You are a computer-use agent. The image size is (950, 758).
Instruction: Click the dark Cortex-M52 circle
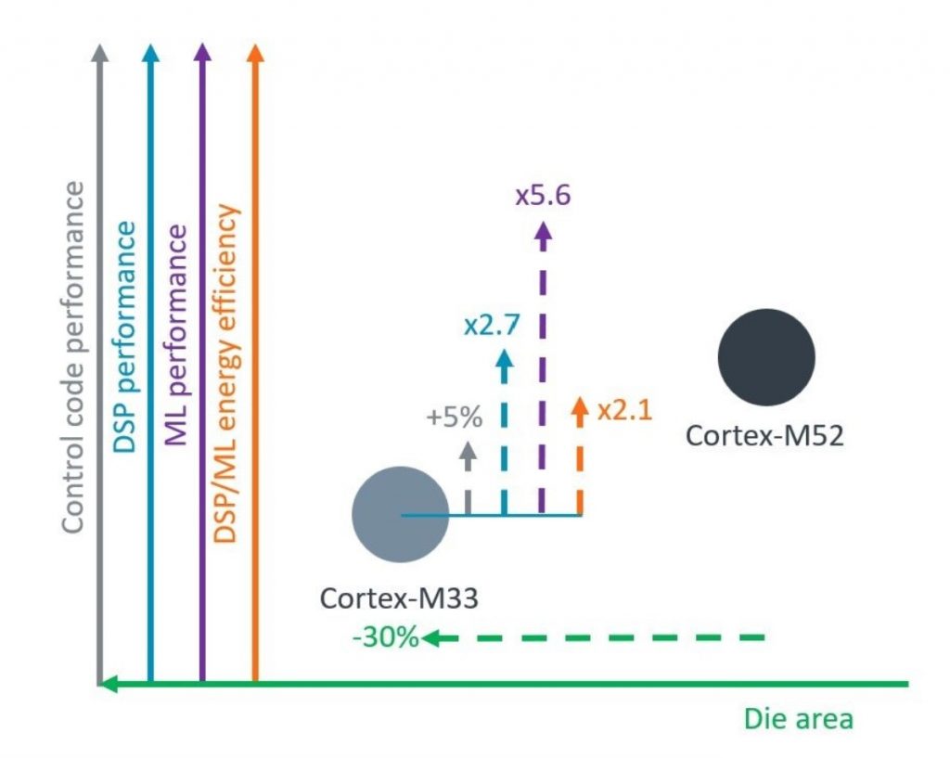pyautogui.click(x=766, y=357)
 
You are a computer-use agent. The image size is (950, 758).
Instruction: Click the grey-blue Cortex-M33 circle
pyautogui.click(x=401, y=514)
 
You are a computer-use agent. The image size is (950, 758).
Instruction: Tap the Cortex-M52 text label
pyautogui.click(x=764, y=435)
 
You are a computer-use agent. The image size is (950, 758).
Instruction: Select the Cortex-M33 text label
pyautogui.click(x=399, y=597)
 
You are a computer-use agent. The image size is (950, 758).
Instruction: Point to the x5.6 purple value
pyautogui.click(x=542, y=196)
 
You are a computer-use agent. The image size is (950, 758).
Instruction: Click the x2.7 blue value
pyautogui.click(x=492, y=326)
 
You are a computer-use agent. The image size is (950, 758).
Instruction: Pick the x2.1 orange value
pyautogui.click(x=625, y=409)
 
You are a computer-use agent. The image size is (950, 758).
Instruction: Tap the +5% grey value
pyautogui.click(x=454, y=417)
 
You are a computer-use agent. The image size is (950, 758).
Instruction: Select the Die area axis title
pyautogui.click(x=798, y=719)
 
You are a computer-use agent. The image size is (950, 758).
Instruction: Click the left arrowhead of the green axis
pyautogui.click(x=108, y=685)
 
